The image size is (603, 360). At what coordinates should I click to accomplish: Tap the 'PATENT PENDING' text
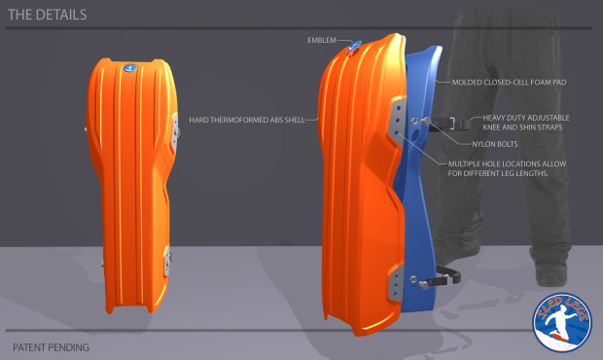click(51, 346)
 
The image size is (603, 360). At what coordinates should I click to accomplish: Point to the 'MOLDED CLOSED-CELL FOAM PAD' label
click(509, 82)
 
